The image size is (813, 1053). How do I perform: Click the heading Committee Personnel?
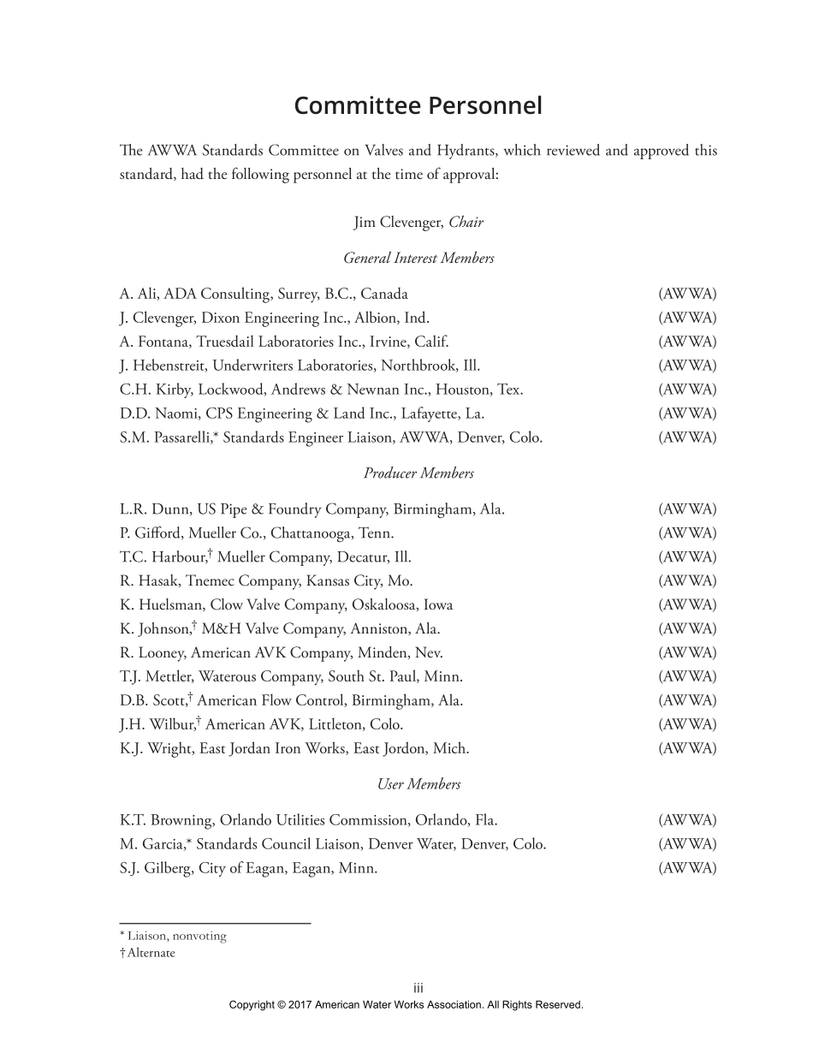point(418,106)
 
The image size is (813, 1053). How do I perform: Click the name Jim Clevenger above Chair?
point(398,223)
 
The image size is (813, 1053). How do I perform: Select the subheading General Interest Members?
point(418,258)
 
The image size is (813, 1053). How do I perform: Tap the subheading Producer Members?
point(418,473)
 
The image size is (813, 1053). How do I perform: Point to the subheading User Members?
point(418,784)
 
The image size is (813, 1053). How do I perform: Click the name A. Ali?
point(139,294)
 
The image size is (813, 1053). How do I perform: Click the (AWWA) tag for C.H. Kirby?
point(687,390)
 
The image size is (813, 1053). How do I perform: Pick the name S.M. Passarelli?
point(166,438)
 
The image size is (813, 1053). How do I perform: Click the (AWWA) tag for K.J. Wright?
point(687,749)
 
